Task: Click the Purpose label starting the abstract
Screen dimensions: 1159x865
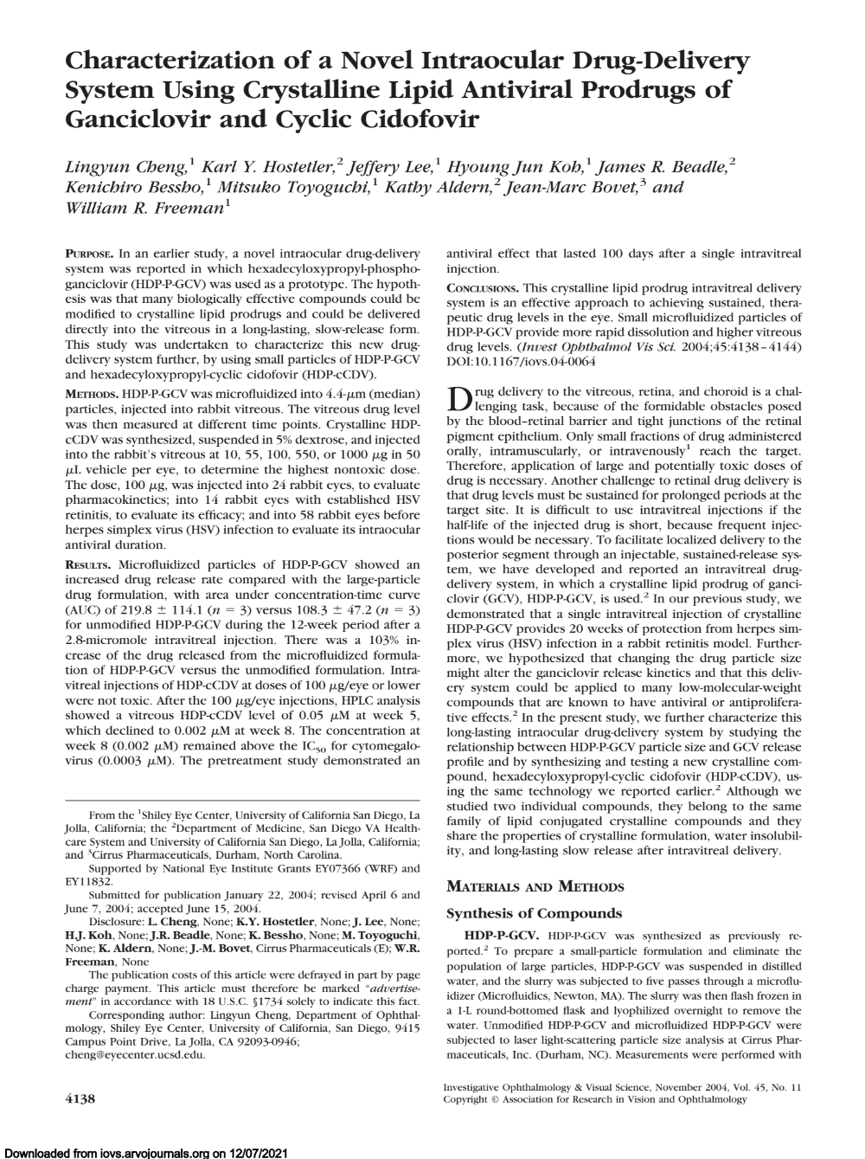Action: [89, 254]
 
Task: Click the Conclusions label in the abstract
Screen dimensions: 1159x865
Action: [483, 287]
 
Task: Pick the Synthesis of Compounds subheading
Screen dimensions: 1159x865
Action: [533, 913]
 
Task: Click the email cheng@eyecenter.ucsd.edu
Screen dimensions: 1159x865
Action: [136, 1055]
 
